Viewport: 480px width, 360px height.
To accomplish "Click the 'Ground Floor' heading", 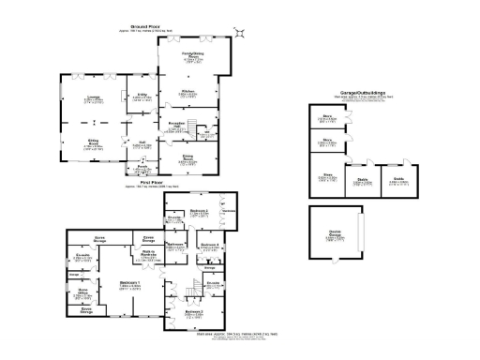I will [x=142, y=28].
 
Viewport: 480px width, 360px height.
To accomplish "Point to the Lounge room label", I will [x=95, y=98].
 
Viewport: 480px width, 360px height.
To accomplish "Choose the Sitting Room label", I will [x=94, y=145].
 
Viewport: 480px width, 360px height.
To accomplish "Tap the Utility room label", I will [x=142, y=96].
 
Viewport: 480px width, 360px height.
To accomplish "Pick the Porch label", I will [x=142, y=169].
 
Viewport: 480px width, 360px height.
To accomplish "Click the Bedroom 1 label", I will [x=131, y=285].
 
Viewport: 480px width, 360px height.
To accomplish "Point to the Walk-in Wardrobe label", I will [x=148, y=253].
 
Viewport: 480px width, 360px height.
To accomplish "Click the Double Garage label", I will [x=335, y=237].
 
